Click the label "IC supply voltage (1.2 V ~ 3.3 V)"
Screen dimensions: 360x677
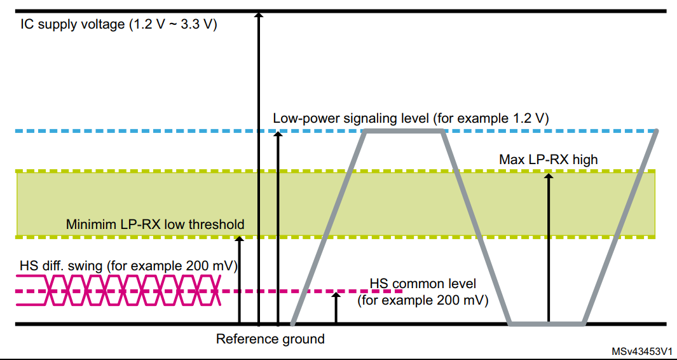pos(119,25)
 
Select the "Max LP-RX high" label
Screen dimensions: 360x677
pos(549,159)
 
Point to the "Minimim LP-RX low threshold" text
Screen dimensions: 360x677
pos(155,224)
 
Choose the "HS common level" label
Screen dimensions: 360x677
pos(423,284)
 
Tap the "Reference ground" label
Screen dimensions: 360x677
pos(270,338)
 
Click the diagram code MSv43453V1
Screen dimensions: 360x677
pos(642,352)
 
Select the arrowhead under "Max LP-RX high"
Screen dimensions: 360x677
pos(549,176)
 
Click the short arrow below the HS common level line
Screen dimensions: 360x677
pos(336,308)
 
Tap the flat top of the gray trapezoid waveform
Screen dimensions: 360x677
pos(403,131)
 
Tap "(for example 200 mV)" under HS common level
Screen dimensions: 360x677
pos(423,299)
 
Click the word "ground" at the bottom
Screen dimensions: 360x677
pos(303,338)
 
